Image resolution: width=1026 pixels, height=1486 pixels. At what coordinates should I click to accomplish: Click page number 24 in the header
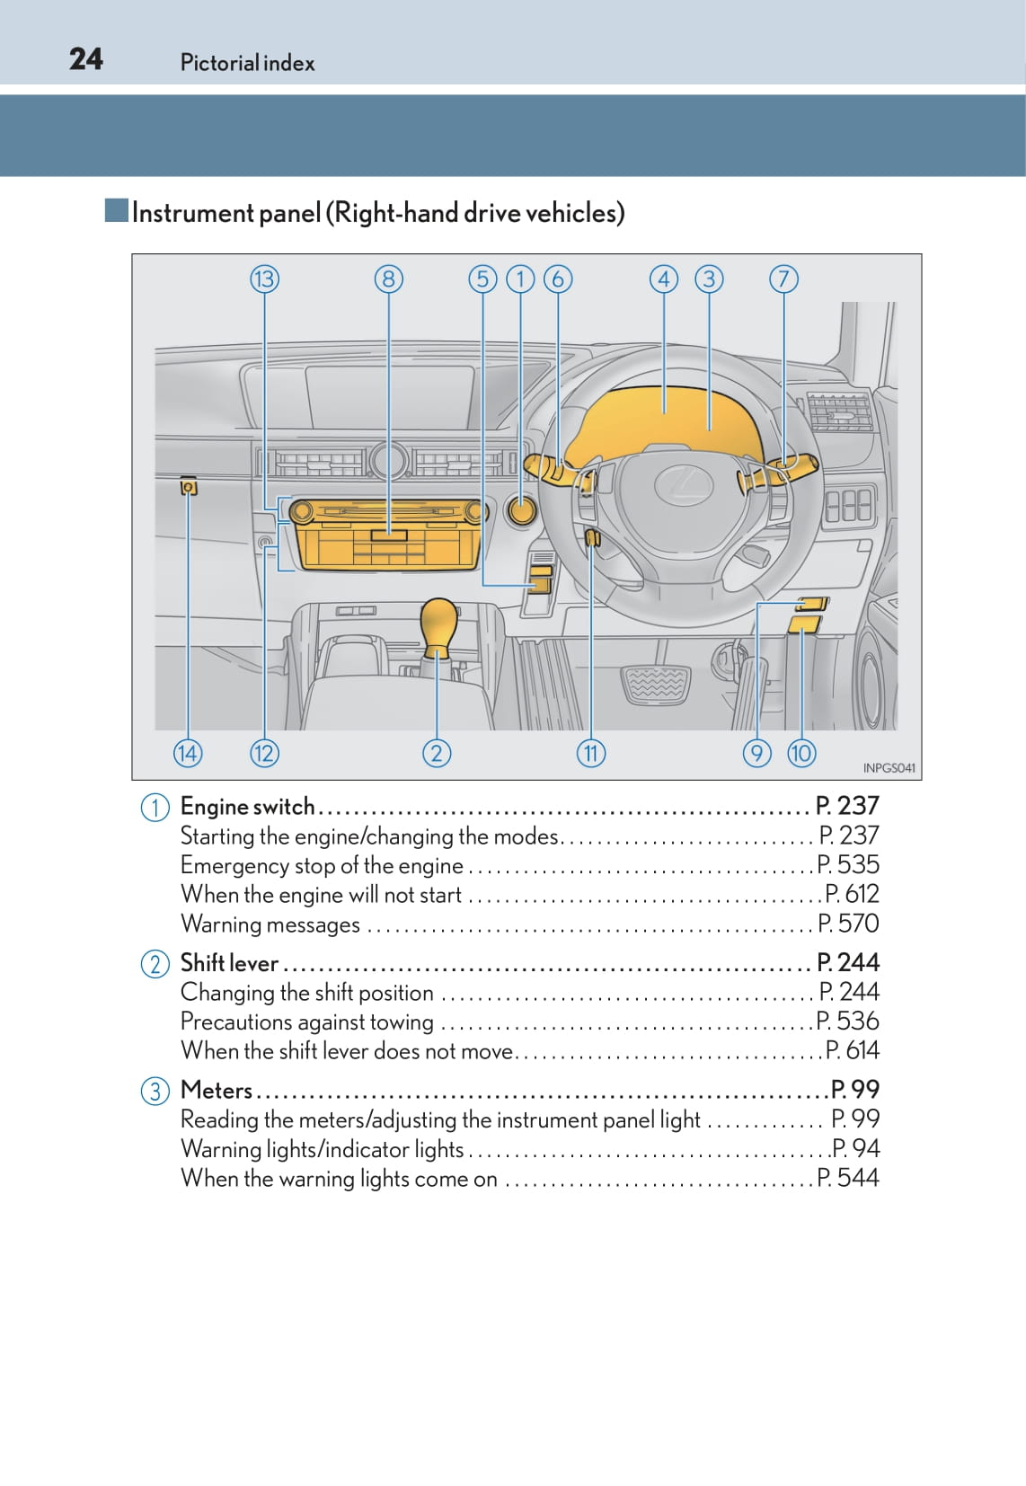(86, 59)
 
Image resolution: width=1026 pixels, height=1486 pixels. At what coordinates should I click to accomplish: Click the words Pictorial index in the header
(247, 63)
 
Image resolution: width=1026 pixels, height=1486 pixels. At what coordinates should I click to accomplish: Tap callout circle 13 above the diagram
(264, 279)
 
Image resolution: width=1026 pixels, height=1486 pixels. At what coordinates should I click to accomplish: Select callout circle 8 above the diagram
(388, 279)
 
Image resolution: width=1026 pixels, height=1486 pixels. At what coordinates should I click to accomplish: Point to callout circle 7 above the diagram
(783, 279)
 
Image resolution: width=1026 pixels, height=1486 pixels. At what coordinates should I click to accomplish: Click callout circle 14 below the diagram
(188, 752)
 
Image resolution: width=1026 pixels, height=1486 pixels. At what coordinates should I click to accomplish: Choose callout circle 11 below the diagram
(590, 752)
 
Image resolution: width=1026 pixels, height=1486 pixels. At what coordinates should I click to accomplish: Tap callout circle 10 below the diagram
(801, 752)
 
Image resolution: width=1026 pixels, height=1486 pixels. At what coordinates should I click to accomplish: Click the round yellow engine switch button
(521, 510)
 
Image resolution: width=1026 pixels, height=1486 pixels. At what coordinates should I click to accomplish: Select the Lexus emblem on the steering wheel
(683, 485)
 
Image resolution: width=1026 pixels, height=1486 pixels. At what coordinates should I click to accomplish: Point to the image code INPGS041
(889, 768)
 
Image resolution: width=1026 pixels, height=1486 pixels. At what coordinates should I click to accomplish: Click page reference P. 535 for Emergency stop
(848, 864)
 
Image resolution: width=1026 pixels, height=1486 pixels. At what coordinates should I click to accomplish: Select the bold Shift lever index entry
(230, 963)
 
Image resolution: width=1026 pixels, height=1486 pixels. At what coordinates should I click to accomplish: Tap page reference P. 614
(852, 1050)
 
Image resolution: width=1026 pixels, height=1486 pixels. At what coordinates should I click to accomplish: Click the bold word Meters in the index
(217, 1090)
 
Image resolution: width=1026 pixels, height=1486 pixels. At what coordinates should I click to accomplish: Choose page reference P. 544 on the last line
(848, 1178)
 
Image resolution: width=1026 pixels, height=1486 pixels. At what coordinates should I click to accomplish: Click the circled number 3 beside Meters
(155, 1091)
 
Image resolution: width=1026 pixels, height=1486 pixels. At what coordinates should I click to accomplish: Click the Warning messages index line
(270, 924)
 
